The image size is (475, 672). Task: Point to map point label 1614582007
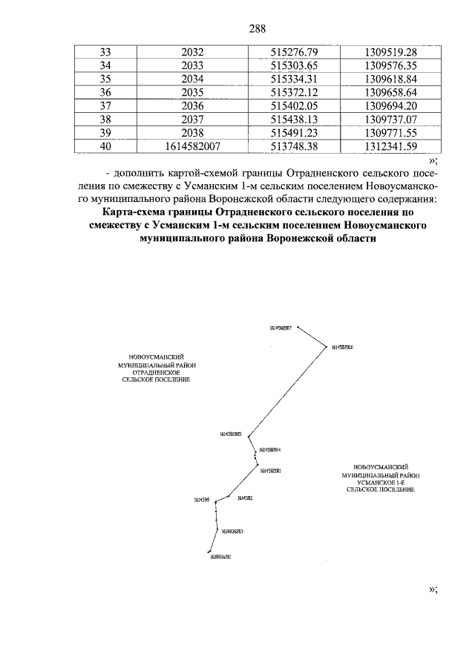point(281,327)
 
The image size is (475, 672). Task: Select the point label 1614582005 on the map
point(231,434)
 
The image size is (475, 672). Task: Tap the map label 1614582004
point(269,449)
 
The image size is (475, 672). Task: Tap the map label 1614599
point(203,500)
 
